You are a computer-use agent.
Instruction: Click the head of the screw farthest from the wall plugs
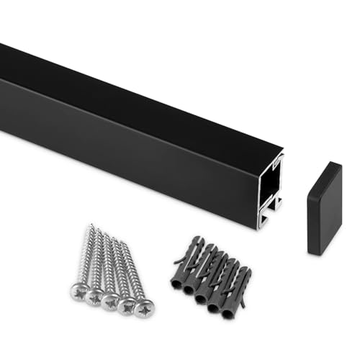80,291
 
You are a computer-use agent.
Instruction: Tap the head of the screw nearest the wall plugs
144,309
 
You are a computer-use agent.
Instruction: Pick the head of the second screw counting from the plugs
128,305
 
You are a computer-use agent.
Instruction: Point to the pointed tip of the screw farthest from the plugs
91,226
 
